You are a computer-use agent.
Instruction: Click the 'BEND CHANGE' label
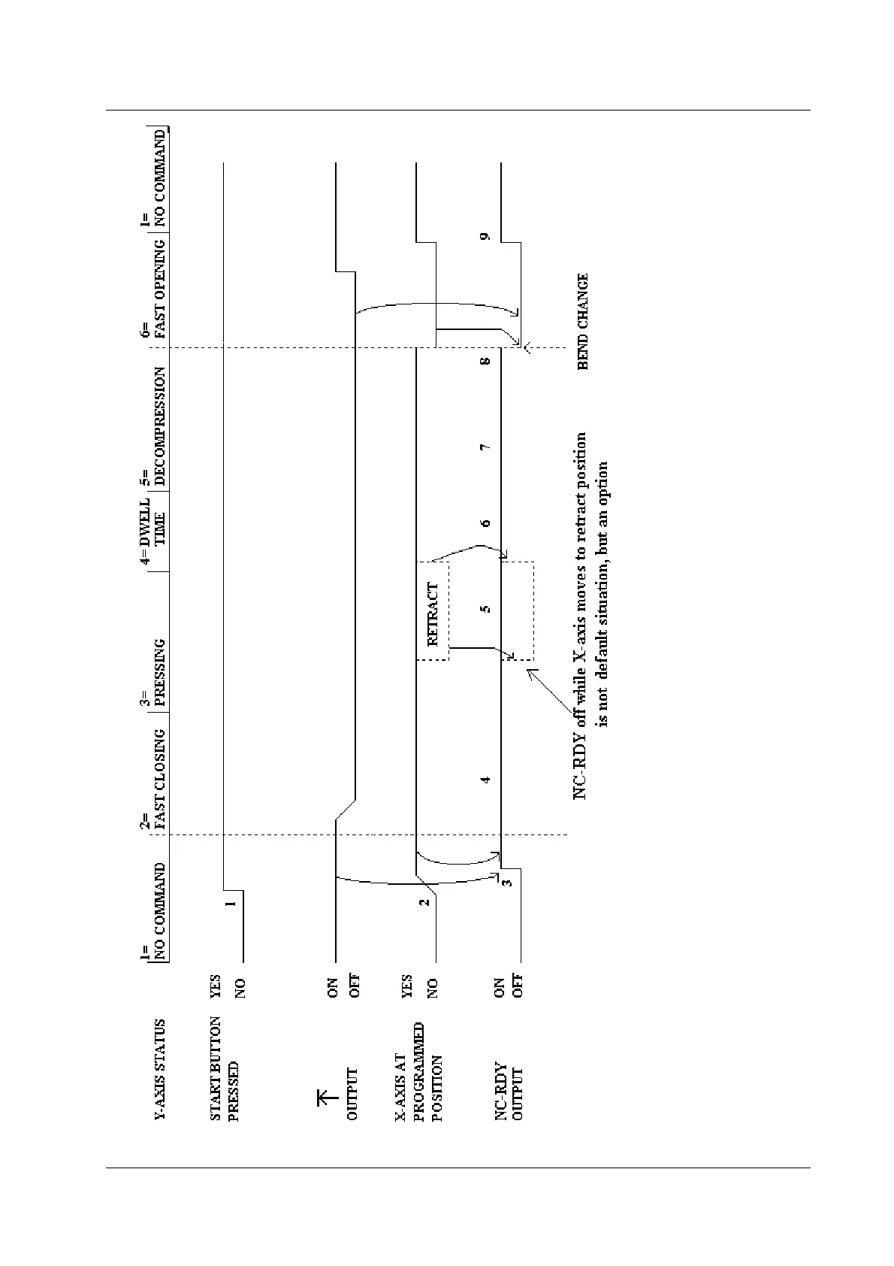click(583, 321)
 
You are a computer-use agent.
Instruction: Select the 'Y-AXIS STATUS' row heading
click(160, 1070)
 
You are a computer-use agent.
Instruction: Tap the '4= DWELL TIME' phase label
click(153, 531)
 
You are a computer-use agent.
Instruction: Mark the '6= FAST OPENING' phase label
click(153, 289)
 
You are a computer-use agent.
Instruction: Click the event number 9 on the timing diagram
click(486, 237)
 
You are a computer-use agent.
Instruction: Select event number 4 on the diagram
click(486, 780)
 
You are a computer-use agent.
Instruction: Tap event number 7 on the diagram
click(486, 447)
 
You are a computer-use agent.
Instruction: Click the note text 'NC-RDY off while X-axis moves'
click(581, 615)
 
